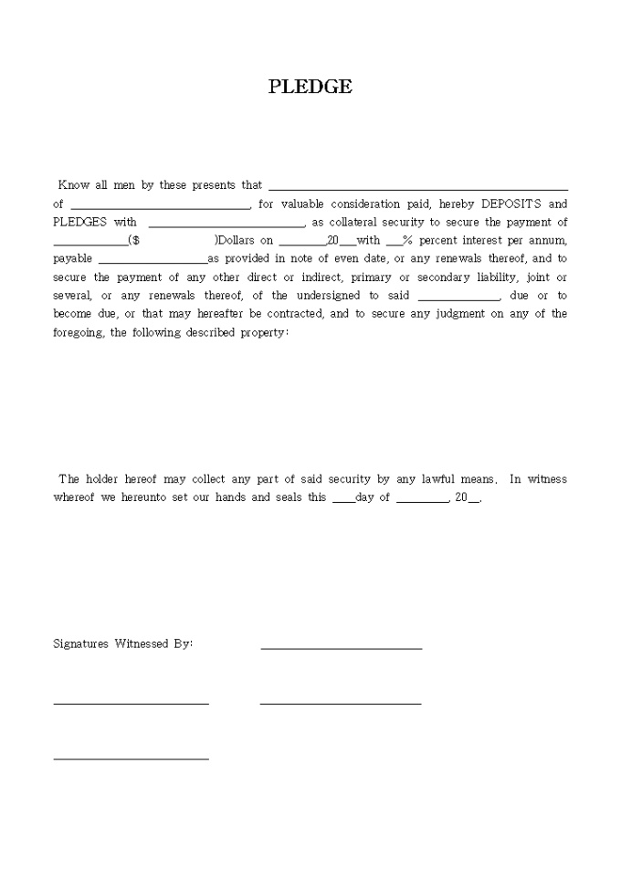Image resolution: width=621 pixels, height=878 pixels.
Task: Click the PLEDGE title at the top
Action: point(310,87)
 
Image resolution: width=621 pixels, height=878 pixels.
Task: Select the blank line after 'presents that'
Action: point(417,188)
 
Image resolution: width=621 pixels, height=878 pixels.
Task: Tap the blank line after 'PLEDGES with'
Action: point(226,225)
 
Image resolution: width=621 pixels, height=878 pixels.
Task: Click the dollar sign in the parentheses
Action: point(135,241)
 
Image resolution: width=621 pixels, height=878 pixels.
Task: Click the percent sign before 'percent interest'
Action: point(407,241)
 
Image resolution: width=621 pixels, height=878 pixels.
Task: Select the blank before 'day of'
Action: point(343,500)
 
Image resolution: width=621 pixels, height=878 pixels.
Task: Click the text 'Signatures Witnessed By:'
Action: point(123,643)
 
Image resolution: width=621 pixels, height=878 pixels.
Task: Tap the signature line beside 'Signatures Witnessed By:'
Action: point(342,648)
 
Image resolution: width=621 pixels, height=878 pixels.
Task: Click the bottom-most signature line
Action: point(131,758)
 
